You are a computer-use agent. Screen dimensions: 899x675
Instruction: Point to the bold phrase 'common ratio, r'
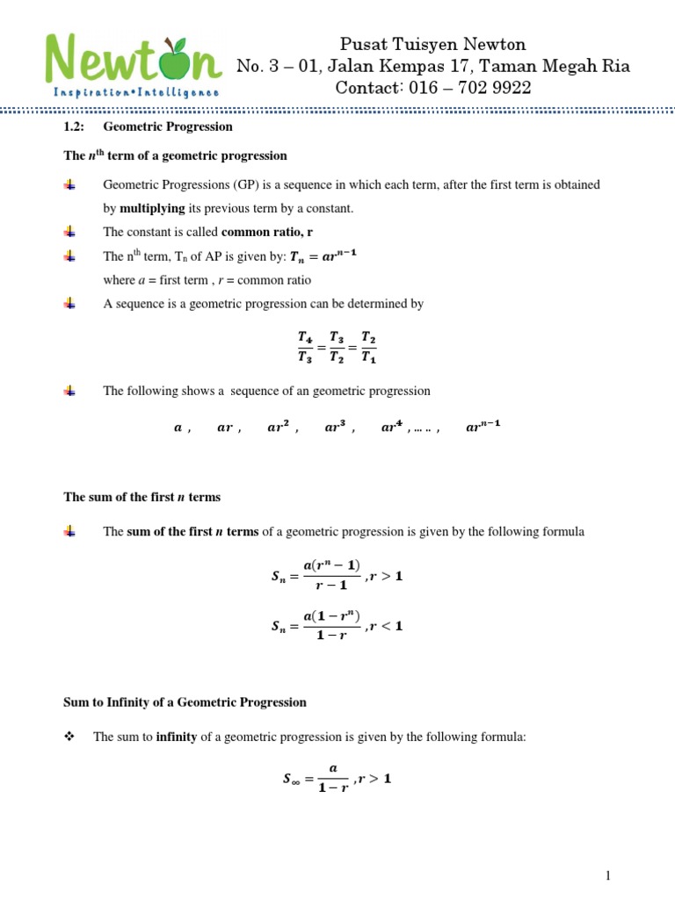point(268,232)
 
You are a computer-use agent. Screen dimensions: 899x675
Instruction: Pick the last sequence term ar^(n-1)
point(484,428)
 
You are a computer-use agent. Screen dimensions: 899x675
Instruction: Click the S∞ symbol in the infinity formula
point(287,778)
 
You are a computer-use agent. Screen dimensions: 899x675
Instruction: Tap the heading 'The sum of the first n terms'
point(142,497)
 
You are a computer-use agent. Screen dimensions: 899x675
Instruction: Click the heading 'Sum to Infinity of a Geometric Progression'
point(185,702)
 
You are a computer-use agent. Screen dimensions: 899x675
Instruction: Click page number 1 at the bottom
point(606,875)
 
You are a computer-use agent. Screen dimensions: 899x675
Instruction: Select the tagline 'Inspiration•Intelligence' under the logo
point(137,91)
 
